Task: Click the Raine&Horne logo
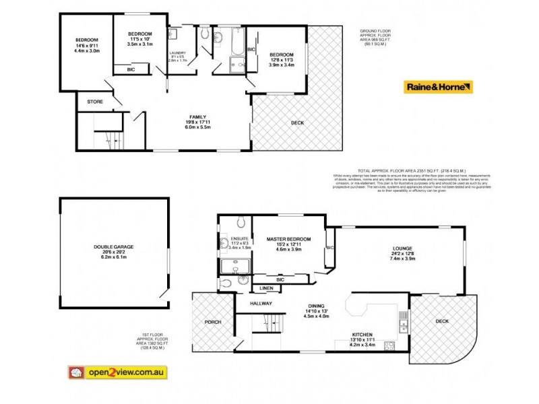pyautogui.click(x=438, y=87)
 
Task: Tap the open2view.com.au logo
pyautogui.click(x=117, y=372)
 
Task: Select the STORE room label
pyautogui.click(x=96, y=102)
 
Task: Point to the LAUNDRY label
pyautogui.click(x=179, y=55)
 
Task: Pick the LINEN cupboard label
pyautogui.click(x=247, y=289)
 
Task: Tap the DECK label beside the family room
pyautogui.click(x=297, y=123)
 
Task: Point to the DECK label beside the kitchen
pyautogui.click(x=442, y=322)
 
